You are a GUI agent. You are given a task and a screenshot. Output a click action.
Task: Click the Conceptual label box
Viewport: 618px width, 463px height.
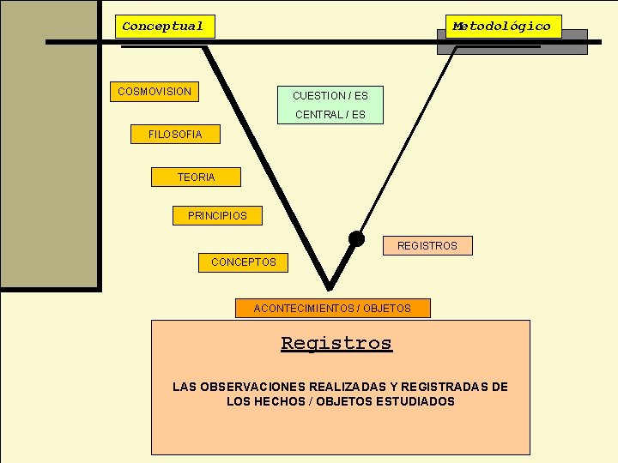click(163, 27)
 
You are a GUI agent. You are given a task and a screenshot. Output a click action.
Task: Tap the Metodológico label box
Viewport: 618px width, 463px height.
click(502, 27)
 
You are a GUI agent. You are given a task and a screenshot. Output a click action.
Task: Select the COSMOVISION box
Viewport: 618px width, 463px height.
click(154, 91)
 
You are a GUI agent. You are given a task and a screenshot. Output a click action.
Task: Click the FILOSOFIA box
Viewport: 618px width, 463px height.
click(175, 134)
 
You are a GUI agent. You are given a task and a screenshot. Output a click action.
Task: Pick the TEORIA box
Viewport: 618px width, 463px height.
click(196, 177)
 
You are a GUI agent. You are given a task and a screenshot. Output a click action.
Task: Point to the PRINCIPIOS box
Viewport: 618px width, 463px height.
click(217, 216)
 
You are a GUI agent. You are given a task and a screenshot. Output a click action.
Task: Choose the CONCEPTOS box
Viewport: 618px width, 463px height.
click(244, 262)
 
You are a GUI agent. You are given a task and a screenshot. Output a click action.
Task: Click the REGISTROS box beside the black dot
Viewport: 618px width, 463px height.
click(427, 246)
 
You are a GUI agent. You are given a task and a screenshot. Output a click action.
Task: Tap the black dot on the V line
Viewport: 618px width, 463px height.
click(356, 238)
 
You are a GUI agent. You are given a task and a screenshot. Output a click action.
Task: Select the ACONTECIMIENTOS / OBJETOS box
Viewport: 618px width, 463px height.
click(332, 308)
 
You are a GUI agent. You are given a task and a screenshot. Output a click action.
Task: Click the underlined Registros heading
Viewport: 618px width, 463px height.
click(336, 344)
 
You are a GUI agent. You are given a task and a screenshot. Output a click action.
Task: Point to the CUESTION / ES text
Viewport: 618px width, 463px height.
click(330, 95)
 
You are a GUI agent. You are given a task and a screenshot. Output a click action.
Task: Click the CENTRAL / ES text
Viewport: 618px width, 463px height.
click(330, 115)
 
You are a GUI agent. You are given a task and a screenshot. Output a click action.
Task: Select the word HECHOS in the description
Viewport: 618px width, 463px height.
click(271, 401)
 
